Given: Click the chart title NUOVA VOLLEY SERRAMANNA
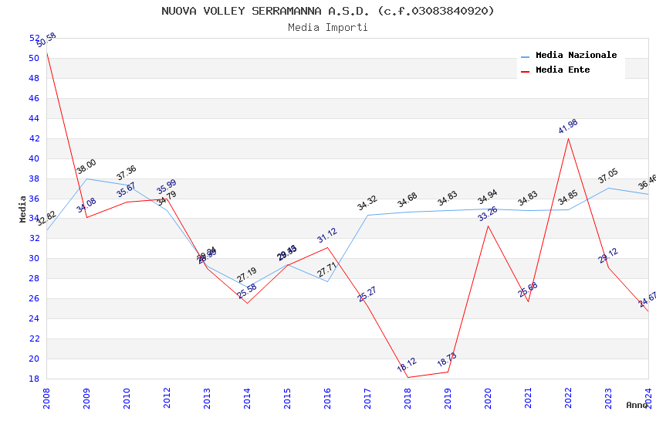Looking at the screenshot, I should click(328, 11).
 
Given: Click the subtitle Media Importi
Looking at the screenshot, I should click(328, 27).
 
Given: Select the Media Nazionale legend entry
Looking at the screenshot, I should click(576, 56).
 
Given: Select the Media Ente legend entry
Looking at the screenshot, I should click(563, 70).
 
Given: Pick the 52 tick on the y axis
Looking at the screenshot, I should click(34, 38).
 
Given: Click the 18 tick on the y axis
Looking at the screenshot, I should click(34, 379).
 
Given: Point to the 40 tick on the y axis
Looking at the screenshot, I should click(34, 158).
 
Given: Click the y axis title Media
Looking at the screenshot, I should click(22, 208).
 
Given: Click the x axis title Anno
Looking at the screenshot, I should click(637, 405).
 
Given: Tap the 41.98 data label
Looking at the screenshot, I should click(568, 127).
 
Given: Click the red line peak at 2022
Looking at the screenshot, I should click(568, 138).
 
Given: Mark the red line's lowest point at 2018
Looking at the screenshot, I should click(407, 378).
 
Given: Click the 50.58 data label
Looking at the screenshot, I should click(46, 40).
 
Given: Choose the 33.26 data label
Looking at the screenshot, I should click(488, 213).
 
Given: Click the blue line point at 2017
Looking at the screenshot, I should click(367, 215).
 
